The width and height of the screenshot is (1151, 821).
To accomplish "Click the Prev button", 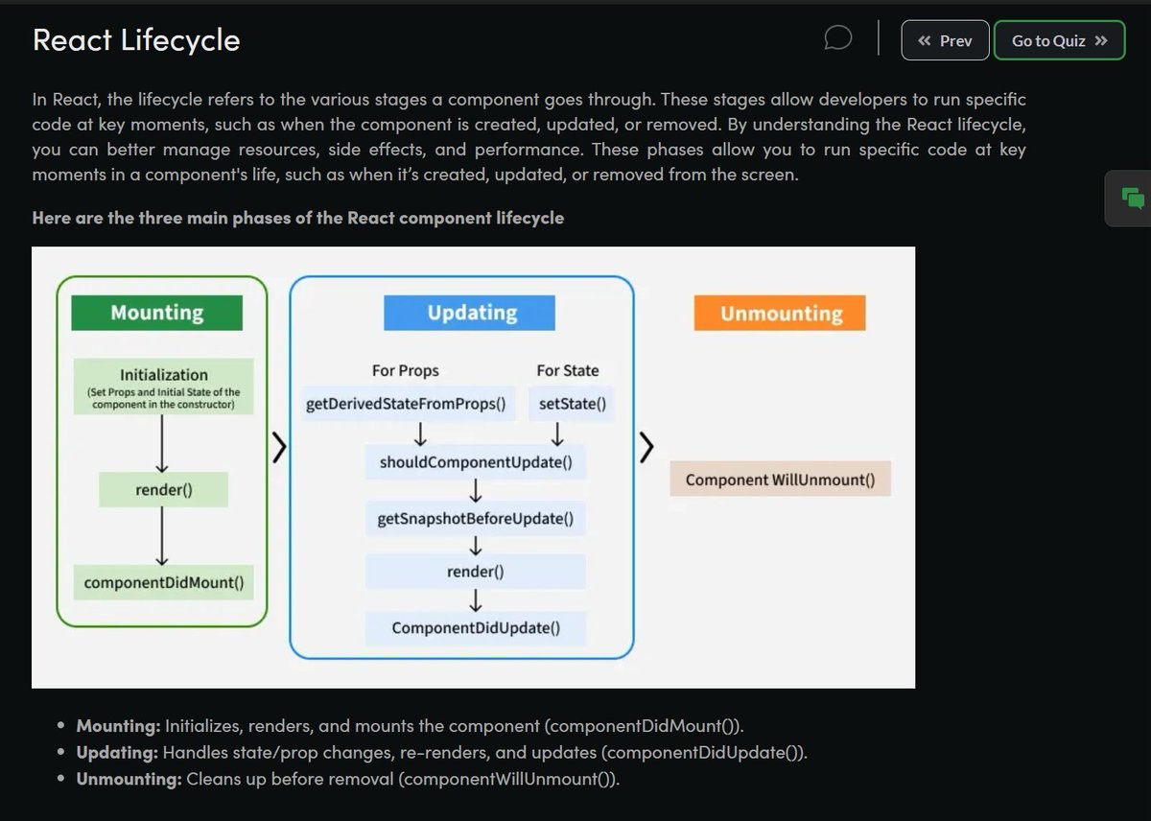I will (x=945, y=40).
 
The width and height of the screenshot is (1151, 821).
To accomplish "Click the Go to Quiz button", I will (x=1059, y=40).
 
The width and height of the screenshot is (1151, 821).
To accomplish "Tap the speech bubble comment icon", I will (x=838, y=38).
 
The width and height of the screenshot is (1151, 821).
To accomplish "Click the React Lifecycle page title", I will (x=136, y=40).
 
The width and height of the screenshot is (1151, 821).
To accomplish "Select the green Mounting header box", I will (x=157, y=313).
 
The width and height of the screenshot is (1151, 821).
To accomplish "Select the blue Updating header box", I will (x=470, y=313).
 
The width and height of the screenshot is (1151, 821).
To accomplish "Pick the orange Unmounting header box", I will (x=780, y=314).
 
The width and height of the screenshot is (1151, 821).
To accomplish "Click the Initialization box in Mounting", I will (x=164, y=387).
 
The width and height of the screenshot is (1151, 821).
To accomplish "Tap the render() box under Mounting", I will (x=164, y=490).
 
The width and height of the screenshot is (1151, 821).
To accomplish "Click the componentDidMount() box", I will (x=164, y=582).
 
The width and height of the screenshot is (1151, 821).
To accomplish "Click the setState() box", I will (x=573, y=404).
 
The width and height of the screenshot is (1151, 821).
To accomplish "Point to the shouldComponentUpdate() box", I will (x=476, y=462).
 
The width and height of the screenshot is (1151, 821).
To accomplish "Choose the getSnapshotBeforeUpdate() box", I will (x=476, y=519).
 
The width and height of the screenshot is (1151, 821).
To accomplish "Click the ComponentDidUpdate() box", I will (x=476, y=628).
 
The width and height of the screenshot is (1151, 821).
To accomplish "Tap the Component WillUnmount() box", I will (x=780, y=480).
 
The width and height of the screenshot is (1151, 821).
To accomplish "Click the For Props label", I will (x=405, y=370).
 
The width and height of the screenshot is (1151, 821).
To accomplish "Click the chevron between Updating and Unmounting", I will (x=647, y=446).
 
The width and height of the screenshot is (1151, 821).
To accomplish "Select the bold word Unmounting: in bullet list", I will (x=129, y=779).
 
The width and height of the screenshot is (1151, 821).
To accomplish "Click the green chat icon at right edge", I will (x=1133, y=199).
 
